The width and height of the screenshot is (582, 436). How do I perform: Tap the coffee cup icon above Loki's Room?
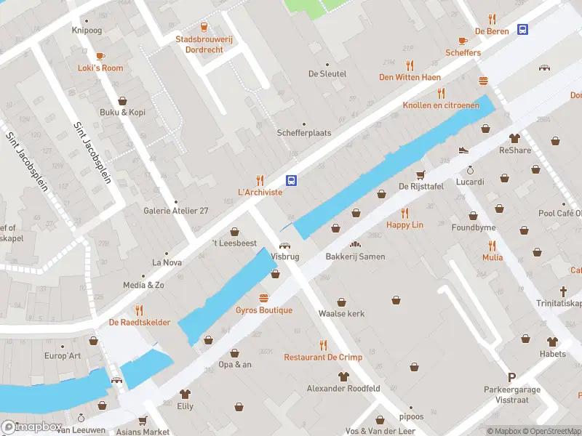click(100, 55)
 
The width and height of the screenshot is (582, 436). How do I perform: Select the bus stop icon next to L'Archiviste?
click(291, 180)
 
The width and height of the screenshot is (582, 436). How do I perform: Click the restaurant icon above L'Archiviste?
click(260, 180)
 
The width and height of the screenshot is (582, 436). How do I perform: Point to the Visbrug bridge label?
click(284, 257)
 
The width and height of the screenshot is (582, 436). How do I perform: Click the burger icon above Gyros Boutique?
click(263, 298)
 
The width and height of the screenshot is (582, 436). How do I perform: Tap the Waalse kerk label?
click(341, 313)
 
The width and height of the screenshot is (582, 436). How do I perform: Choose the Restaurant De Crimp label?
click(322, 357)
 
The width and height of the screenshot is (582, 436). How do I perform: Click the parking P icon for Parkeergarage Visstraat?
click(512, 377)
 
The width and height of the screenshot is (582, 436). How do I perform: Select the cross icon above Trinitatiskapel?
click(562, 291)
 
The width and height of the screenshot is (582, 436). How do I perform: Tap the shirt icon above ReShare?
click(515, 138)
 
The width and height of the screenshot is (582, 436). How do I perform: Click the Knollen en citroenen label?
click(441, 105)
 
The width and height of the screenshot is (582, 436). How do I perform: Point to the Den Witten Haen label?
click(410, 77)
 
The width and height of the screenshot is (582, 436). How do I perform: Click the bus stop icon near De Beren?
click(523, 29)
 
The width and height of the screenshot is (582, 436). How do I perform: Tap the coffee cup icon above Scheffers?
click(463, 41)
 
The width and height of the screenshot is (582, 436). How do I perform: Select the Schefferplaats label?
click(304, 133)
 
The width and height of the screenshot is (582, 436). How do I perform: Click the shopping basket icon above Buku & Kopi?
click(123, 100)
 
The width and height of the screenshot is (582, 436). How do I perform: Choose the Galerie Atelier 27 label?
click(175, 211)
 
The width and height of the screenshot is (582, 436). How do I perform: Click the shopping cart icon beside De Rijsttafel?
click(420, 174)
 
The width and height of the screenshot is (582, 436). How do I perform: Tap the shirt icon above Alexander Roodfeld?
click(344, 376)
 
